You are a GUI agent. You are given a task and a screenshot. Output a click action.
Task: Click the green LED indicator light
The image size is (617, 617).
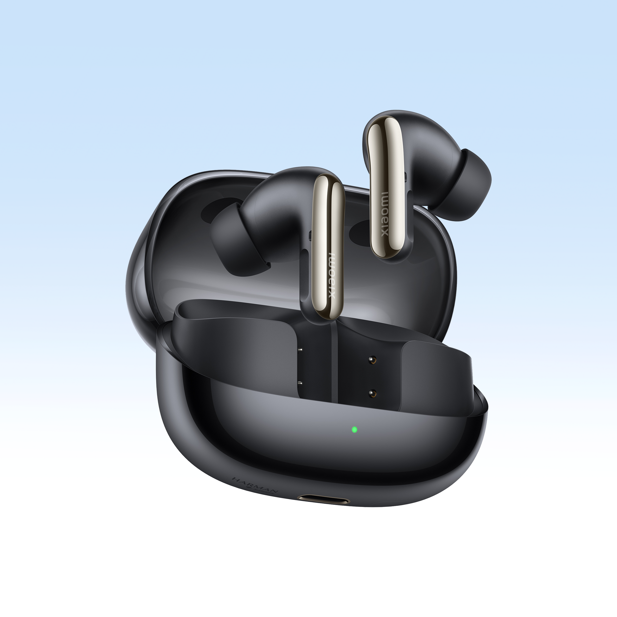pos(354,429)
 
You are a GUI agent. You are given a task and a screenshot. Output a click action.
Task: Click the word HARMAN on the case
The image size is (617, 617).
pos(256,485)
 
